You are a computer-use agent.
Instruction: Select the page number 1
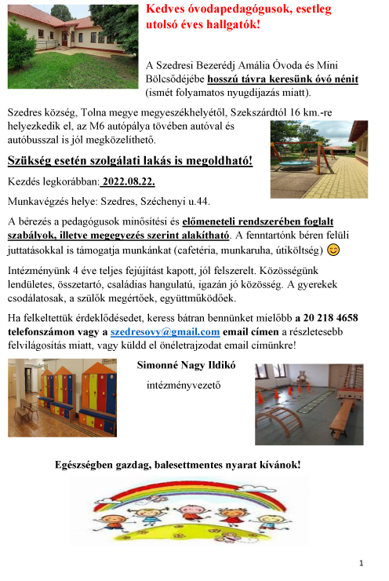pos(362,563)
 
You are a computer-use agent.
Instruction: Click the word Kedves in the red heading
pos(168,9)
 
